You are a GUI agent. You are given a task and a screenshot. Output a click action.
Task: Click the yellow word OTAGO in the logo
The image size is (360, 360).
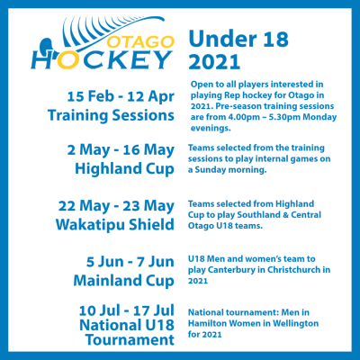(x=140, y=41)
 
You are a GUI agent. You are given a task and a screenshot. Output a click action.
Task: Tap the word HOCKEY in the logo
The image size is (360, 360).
(x=102, y=59)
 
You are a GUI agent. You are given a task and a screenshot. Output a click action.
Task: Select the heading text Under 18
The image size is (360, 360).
(x=238, y=39)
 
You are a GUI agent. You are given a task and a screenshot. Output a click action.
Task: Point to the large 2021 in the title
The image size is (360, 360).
(x=214, y=61)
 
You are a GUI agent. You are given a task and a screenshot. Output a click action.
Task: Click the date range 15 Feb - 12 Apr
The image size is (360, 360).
(x=121, y=97)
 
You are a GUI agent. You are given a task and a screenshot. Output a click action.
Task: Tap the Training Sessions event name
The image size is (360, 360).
(x=111, y=115)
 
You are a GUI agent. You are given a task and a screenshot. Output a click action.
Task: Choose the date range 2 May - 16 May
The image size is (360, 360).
(x=121, y=150)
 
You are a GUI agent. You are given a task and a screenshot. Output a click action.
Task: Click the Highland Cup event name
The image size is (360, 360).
(x=124, y=168)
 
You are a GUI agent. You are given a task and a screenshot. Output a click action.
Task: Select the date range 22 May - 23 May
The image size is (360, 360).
(x=116, y=206)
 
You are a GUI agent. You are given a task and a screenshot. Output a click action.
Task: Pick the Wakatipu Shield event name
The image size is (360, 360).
(x=115, y=225)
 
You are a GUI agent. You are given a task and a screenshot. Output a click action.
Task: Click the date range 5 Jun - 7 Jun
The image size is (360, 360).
(x=130, y=262)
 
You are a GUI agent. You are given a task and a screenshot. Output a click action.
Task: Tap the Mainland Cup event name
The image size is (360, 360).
(x=124, y=281)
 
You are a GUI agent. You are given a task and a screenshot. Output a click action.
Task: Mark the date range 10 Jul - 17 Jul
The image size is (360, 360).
(x=127, y=310)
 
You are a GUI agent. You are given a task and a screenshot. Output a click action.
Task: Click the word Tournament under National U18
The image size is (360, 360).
(x=130, y=340)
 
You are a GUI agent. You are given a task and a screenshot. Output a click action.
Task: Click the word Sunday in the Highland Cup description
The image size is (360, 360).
(x=210, y=170)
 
